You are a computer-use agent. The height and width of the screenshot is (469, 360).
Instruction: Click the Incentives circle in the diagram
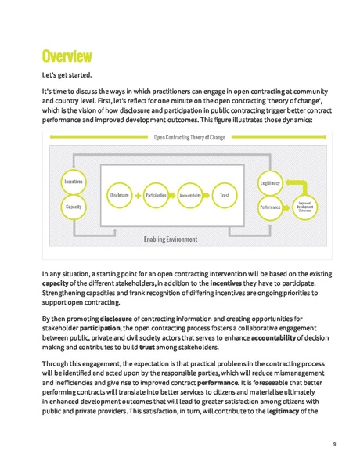(74, 181)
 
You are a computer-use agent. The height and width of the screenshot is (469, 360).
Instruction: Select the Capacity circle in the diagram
(74, 206)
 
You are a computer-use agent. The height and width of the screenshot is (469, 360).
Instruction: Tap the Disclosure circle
(120, 193)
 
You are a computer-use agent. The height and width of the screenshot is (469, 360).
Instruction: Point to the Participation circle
(156, 193)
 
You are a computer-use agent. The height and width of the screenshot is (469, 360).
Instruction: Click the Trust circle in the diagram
(225, 193)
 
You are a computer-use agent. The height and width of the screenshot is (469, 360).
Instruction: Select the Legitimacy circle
(270, 182)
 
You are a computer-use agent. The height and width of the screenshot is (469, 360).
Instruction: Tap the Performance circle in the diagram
(270, 207)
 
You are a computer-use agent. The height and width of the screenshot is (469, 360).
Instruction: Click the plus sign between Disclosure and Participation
(138, 193)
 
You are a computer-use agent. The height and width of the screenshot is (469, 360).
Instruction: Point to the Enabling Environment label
(171, 239)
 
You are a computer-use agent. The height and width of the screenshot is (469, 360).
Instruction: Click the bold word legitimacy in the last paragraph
(284, 411)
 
